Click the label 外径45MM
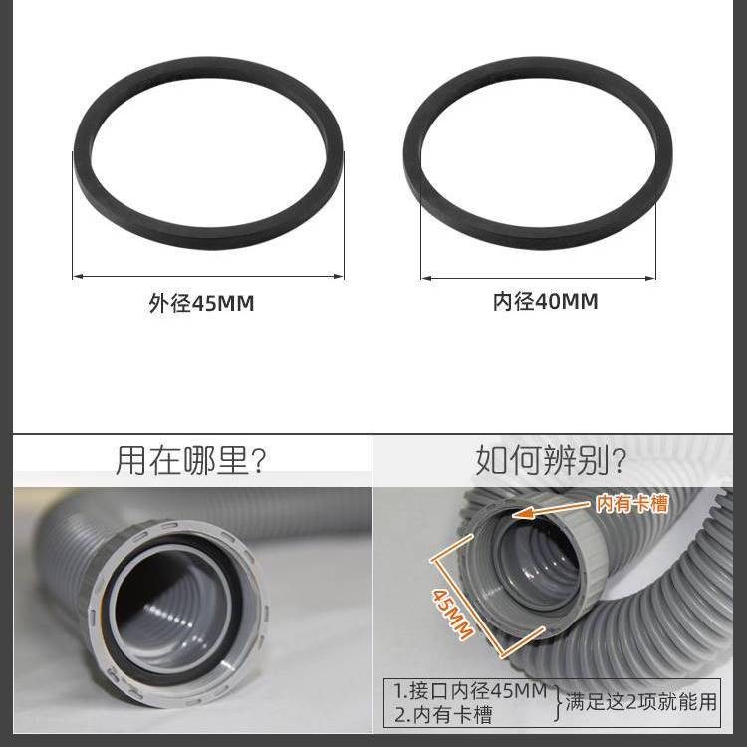[201, 303]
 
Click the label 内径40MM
[545, 301]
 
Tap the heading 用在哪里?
[190, 461]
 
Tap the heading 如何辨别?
[551, 460]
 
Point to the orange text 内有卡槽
[632, 504]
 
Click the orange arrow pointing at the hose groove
[553, 509]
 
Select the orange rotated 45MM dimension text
[452, 614]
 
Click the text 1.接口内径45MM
[471, 691]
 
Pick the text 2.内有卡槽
[443, 714]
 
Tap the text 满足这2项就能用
[640, 702]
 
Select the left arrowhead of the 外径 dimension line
[78, 276]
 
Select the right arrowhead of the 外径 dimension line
[338, 276]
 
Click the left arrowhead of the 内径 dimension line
[427, 278]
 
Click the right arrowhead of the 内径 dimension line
[649, 278]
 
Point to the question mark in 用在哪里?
[259, 461]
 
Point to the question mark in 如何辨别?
[620, 461]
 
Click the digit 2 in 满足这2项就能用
[632, 702]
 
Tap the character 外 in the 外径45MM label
[159, 303]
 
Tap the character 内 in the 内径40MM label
[503, 301]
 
